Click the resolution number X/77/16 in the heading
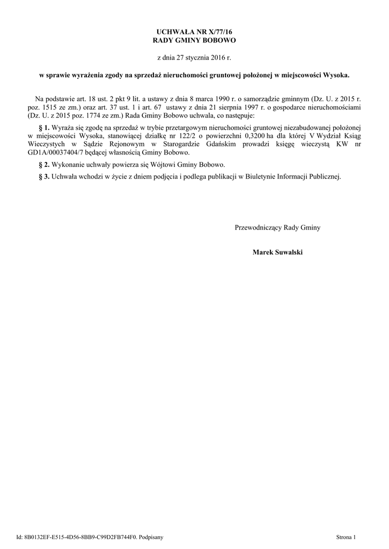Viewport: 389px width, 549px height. (x=214, y=32)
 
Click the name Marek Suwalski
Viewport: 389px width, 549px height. (x=277, y=251)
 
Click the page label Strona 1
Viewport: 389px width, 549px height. (x=346, y=537)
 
